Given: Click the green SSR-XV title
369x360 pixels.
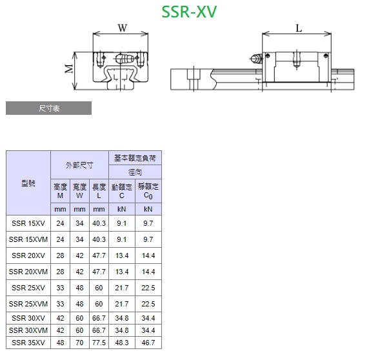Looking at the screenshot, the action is pyautogui.click(x=189, y=12).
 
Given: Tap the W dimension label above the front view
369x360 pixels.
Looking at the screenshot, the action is pyautogui.click(x=123, y=28).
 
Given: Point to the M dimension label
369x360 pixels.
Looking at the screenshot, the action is pyautogui.click(x=69, y=68).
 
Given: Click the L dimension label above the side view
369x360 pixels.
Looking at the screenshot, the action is pyautogui.click(x=299, y=28).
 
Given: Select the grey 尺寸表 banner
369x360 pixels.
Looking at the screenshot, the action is pyautogui.click(x=49, y=108).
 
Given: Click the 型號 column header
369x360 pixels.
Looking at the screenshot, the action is pyautogui.click(x=28, y=183).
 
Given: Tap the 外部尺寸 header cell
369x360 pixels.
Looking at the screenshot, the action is pyautogui.click(x=79, y=165).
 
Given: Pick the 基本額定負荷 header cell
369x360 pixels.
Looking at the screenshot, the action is pyautogui.click(x=135, y=158).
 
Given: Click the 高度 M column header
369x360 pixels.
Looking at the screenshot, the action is pyautogui.click(x=60, y=191).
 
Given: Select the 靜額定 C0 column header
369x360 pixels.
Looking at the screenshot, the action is pyautogui.click(x=148, y=191).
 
